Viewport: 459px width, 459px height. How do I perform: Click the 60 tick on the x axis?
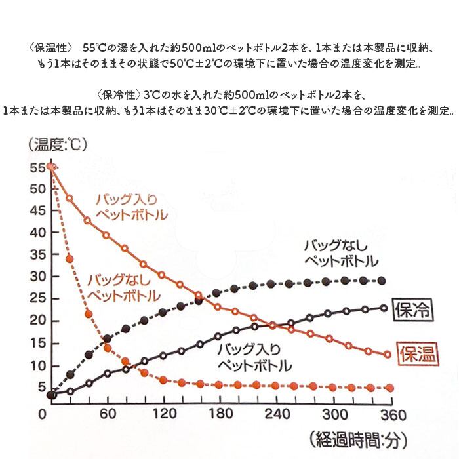[108, 414]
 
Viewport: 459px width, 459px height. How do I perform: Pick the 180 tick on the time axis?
[220, 414]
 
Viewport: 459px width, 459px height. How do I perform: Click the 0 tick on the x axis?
[43, 414]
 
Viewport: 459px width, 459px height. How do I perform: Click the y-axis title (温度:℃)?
[58, 144]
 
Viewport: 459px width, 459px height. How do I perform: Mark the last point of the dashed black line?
[382, 281]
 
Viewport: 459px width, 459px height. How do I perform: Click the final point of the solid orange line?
[387, 355]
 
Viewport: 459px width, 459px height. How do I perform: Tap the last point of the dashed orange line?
[389, 388]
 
